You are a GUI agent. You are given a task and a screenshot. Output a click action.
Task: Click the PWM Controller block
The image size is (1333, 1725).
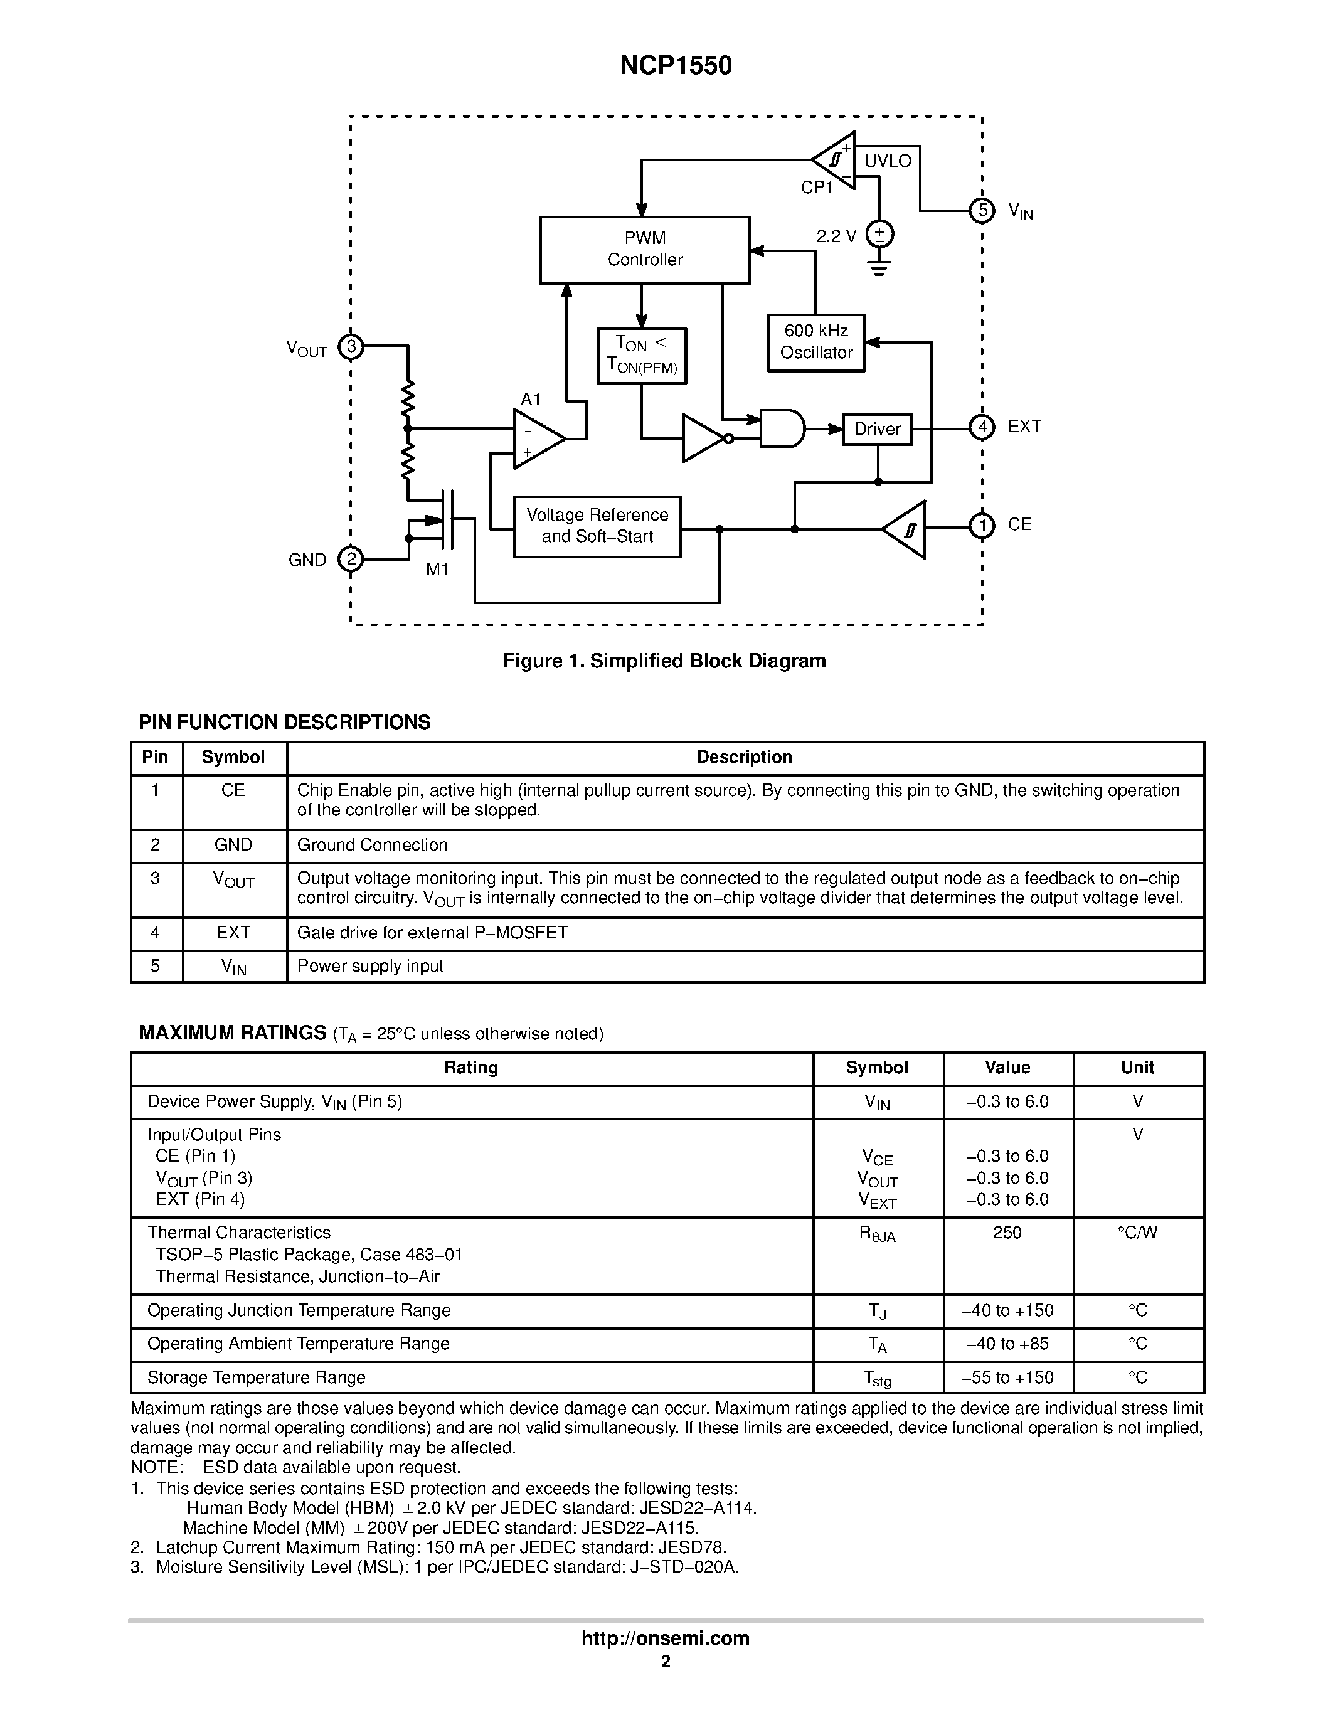click(644, 250)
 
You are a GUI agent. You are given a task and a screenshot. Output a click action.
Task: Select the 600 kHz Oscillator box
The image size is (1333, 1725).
click(815, 342)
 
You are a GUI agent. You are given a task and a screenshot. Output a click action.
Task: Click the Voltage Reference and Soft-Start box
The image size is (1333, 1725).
click(597, 526)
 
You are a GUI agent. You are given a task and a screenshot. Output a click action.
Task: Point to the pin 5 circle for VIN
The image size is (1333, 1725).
click(982, 210)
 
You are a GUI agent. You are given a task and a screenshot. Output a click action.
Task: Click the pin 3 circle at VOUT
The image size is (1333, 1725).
click(351, 346)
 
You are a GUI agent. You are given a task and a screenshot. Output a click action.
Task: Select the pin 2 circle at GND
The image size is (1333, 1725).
click(351, 559)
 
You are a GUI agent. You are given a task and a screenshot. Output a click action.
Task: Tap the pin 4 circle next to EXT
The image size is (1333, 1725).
click(982, 427)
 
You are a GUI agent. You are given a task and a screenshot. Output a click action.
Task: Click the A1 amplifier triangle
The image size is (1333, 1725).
click(536, 438)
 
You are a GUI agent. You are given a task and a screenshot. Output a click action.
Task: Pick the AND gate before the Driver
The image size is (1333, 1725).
click(781, 428)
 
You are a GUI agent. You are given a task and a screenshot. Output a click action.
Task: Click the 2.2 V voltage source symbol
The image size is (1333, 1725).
click(879, 234)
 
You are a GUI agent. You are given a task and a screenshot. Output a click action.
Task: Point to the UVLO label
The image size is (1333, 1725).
click(887, 161)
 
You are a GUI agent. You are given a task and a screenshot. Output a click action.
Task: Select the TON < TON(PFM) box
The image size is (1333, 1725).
click(641, 356)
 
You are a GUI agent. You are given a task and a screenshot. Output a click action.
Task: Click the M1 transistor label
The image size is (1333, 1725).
click(437, 570)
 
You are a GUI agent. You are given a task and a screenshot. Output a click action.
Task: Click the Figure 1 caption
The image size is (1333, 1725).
click(664, 661)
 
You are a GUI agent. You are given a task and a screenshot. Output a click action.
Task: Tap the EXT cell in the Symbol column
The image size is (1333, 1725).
click(234, 933)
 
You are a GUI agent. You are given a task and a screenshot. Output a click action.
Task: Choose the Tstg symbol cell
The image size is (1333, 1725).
click(876, 1378)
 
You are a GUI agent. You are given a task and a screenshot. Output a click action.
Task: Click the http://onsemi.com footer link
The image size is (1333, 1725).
click(665, 1638)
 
